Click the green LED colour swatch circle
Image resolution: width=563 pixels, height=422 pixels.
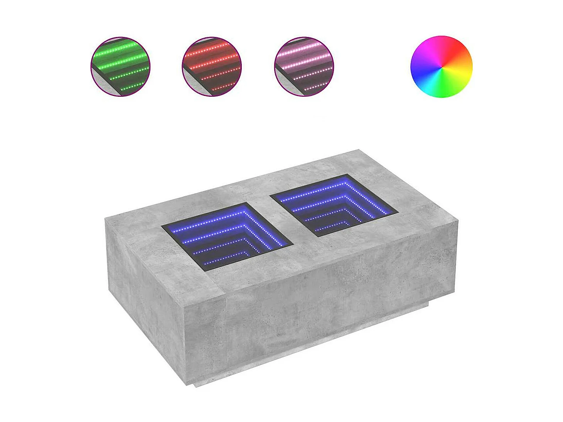click(x=120, y=67)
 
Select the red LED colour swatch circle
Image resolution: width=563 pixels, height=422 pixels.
click(x=212, y=67)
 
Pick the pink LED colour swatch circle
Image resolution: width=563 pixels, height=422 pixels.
click(x=304, y=67)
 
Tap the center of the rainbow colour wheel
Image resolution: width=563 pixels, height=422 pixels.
click(x=442, y=67)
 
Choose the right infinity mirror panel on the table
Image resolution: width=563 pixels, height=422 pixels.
click(x=334, y=205)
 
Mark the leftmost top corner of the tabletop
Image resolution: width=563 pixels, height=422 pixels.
click(x=106, y=219)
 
